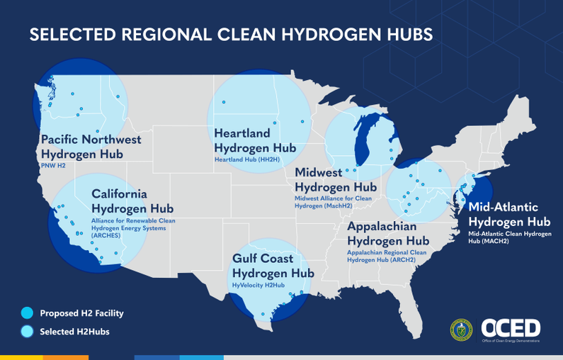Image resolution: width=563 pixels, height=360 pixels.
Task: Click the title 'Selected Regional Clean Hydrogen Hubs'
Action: click(231, 35)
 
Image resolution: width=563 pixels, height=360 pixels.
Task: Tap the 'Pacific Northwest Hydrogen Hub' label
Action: click(91, 147)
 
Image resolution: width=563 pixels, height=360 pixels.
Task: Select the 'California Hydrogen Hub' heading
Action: click(132, 201)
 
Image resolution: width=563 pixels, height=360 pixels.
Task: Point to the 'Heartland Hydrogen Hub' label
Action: click(254, 140)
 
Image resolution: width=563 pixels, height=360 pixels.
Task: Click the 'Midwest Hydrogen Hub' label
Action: click(335, 180)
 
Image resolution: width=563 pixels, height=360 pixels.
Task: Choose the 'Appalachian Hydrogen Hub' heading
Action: click(388, 234)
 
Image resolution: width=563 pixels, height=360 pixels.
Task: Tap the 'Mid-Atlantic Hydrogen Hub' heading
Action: click(504, 214)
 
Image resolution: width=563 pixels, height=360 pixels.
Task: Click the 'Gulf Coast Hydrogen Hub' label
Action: click(273, 266)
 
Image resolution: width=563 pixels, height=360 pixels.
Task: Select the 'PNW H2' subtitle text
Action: click(53, 165)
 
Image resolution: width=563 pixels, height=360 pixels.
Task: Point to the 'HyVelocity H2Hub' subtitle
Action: click(260, 285)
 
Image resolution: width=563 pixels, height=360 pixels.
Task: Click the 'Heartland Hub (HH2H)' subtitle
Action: click(247, 160)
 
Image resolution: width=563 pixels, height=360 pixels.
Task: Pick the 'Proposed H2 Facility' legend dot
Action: click(27, 313)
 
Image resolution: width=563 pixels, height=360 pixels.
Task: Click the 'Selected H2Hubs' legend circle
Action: click(27, 331)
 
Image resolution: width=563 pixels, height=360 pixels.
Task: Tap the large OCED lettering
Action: click(511, 327)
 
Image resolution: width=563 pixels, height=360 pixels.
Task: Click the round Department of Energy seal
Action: click(461, 329)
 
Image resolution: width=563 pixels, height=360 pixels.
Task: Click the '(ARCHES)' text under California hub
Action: click(106, 235)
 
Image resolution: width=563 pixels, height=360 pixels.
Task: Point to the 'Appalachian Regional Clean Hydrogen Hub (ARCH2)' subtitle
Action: click(387, 256)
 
